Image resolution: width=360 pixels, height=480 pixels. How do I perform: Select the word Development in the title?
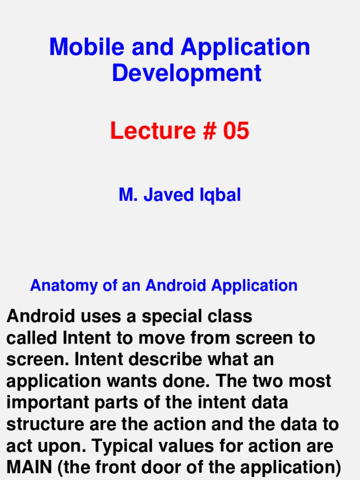[187, 73]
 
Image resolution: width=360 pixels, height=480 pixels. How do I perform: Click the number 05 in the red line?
[236, 131]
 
